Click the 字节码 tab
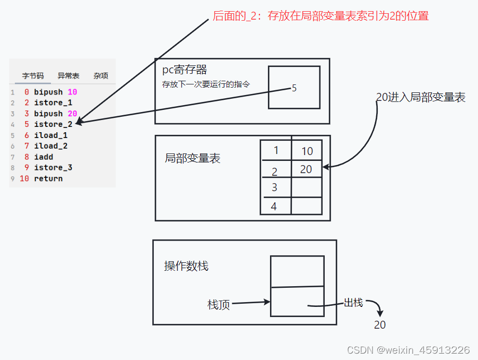[x=33, y=76]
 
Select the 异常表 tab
[x=68, y=76]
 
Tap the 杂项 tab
[x=101, y=76]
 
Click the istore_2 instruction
[x=53, y=124]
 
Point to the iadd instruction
[x=44, y=157]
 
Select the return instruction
[x=48, y=178]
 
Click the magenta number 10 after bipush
[x=73, y=92]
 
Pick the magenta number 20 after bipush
[x=73, y=114]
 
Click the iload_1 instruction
[x=51, y=135]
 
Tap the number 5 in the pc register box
[x=294, y=88]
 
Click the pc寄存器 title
[x=185, y=70]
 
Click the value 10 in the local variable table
[x=307, y=151]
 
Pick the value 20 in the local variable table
[x=306, y=169]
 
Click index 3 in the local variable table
[x=274, y=187]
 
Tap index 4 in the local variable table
[x=274, y=207]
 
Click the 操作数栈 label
[x=186, y=266]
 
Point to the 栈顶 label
[x=219, y=305]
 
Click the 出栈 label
[x=353, y=303]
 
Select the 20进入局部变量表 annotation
[x=421, y=97]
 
